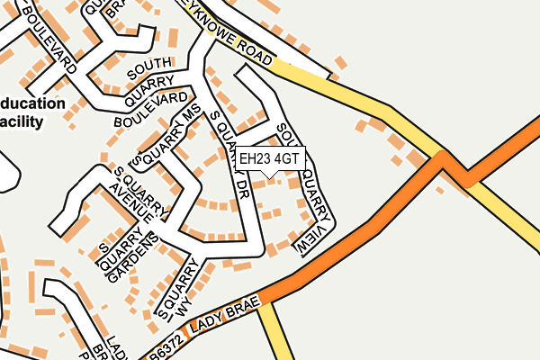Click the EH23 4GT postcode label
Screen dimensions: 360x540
tap(270, 158)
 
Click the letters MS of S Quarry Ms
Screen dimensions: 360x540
tap(190, 118)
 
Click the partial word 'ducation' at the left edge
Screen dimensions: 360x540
tap(33, 103)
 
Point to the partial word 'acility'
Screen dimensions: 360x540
tap(22, 121)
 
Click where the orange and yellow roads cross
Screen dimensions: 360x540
tap(443, 160)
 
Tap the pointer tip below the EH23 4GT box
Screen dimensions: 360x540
tap(271, 174)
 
